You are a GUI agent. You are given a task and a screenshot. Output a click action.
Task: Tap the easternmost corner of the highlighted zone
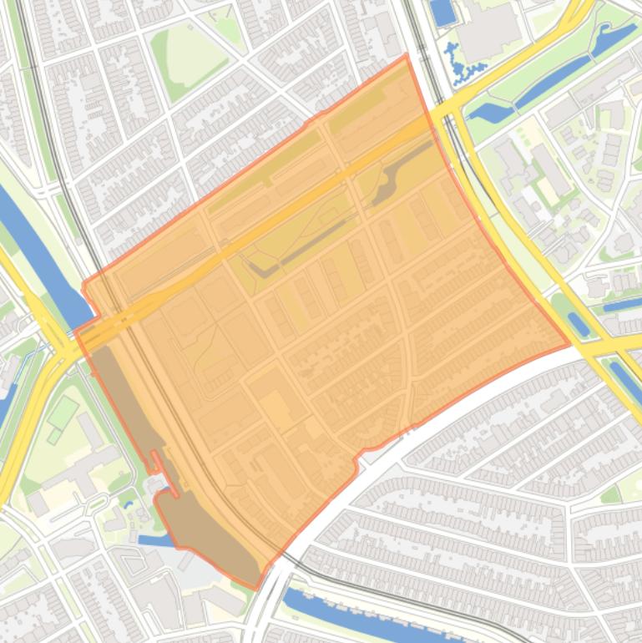point(570,343)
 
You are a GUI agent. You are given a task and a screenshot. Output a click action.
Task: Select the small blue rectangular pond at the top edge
point(442,11)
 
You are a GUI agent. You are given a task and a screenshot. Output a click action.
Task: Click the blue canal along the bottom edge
point(376,618)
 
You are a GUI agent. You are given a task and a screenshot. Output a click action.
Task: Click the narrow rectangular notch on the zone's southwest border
point(154,459)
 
